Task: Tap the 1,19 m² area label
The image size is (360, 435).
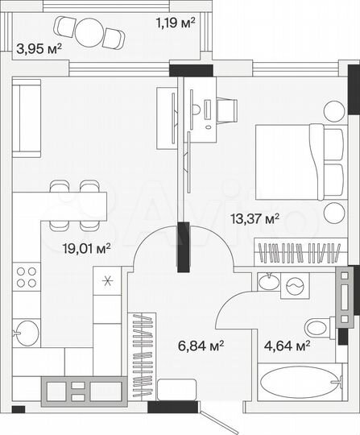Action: pyautogui.click(x=176, y=23)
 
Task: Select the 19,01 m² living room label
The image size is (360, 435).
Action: pyautogui.click(x=86, y=248)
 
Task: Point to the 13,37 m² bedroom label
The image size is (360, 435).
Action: pyautogui.click(x=254, y=217)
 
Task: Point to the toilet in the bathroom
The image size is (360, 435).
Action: pyautogui.click(x=317, y=327)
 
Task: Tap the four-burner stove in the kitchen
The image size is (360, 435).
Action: pyautogui.click(x=27, y=276)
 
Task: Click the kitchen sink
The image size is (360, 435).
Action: pyautogui.click(x=27, y=330)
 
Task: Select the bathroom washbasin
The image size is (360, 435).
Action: pyautogui.click(x=267, y=283)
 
